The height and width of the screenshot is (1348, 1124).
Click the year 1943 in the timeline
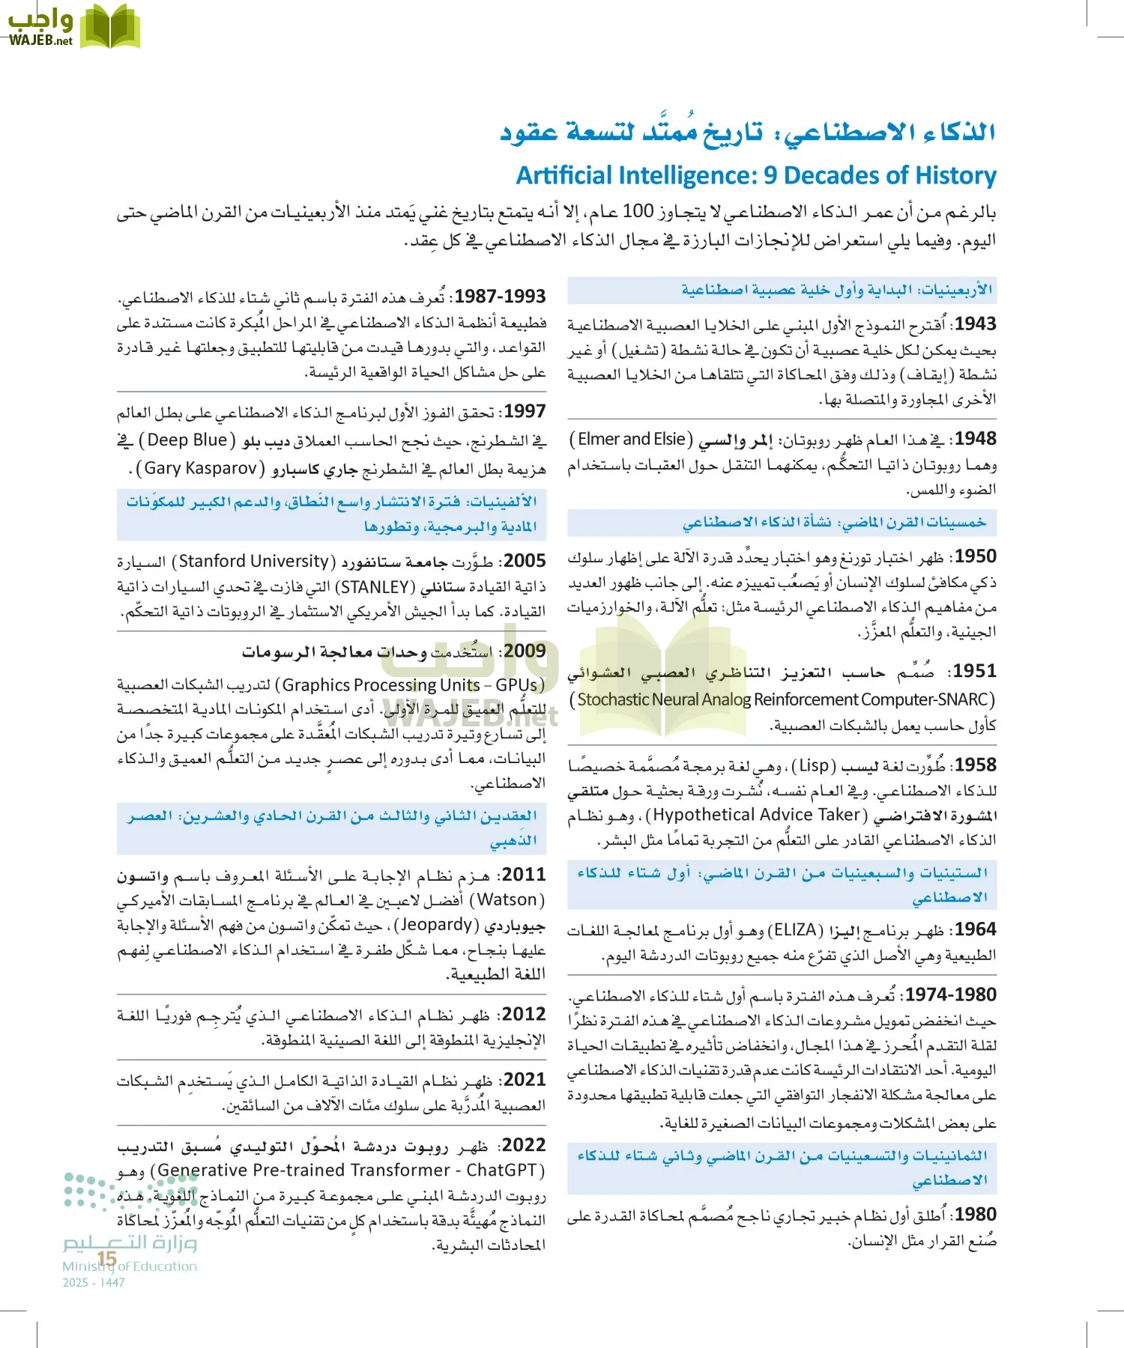pyautogui.click(x=976, y=324)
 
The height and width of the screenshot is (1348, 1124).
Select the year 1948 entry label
pyautogui.click(x=976, y=439)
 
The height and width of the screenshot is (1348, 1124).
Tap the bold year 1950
pyautogui.click(x=976, y=556)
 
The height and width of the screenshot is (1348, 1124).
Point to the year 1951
pyautogui.click(x=976, y=671)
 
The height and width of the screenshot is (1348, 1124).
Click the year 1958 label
pyautogui.click(x=976, y=765)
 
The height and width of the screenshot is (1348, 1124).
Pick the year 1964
pyautogui.click(x=976, y=930)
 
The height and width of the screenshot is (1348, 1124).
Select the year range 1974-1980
pyautogui.click(x=951, y=995)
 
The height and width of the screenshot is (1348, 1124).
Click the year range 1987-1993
pyautogui.click(x=501, y=297)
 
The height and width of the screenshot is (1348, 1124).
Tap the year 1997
pyautogui.click(x=525, y=411)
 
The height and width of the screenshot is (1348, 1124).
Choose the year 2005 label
pyautogui.click(x=525, y=561)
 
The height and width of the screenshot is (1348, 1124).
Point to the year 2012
pyautogui.click(x=525, y=1014)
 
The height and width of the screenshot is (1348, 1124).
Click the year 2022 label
pyautogui.click(x=525, y=1145)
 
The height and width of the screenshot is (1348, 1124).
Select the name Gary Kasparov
pyautogui.click(x=201, y=469)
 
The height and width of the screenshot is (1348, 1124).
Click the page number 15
pyautogui.click(x=107, y=1259)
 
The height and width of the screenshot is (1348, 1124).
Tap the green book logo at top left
pyautogui.click(x=110, y=27)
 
